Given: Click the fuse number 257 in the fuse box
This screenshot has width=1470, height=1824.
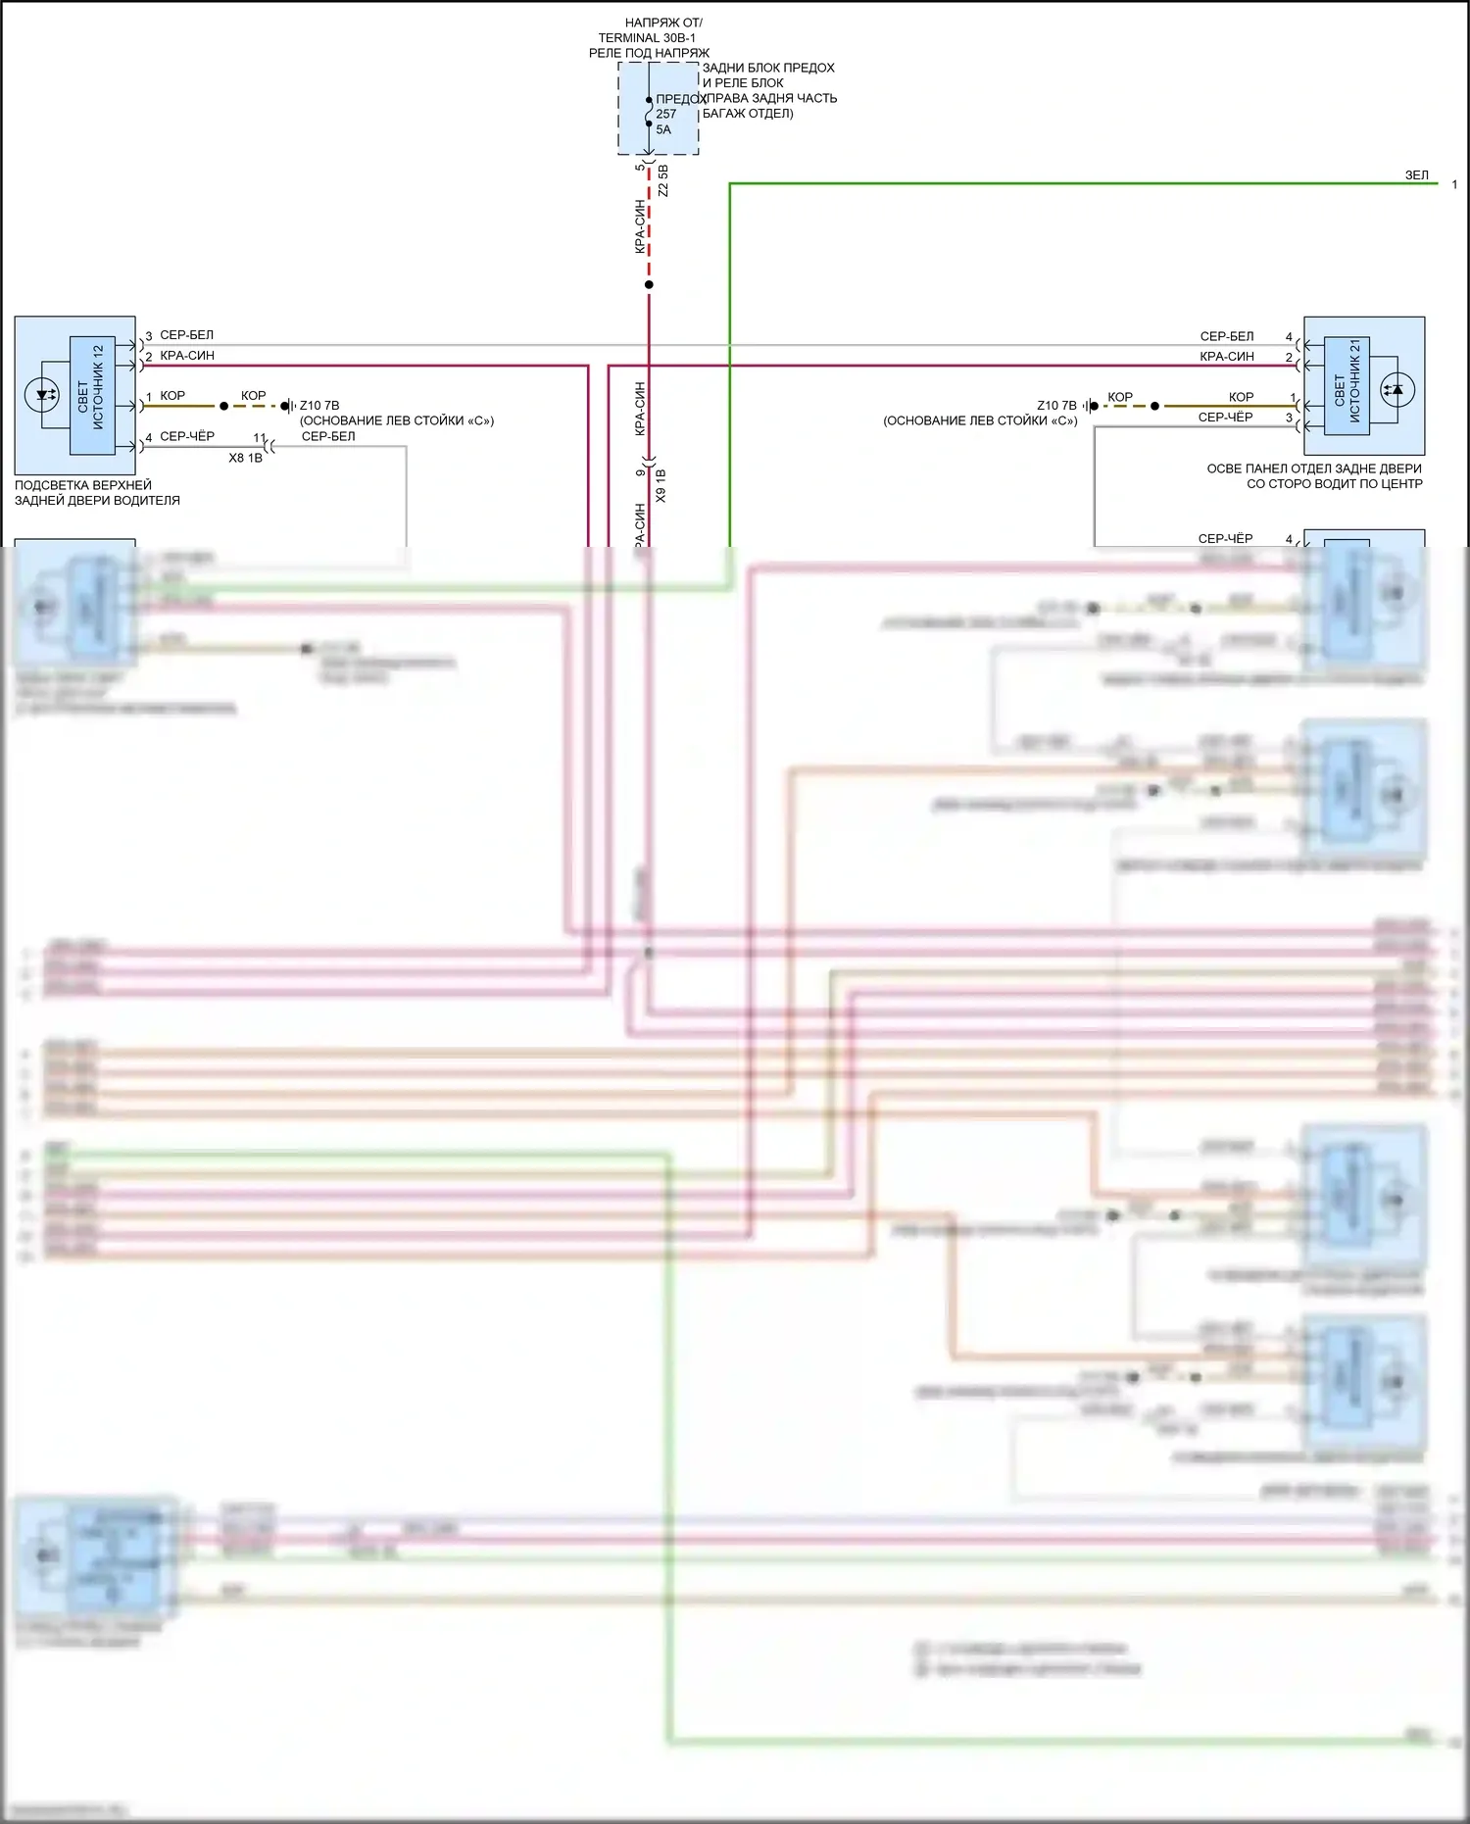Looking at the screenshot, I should [666, 114].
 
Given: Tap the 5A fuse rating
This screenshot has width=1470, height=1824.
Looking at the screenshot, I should [663, 129].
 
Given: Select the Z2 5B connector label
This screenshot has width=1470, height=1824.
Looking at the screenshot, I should [663, 181].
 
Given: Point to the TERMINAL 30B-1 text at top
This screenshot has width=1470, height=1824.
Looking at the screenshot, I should [647, 38].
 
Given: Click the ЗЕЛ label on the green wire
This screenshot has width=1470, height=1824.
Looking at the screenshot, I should [1417, 175].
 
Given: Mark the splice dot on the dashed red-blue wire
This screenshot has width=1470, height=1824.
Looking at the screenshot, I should [649, 285].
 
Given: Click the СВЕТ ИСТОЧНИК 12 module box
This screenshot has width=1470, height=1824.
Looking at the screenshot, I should [92, 395].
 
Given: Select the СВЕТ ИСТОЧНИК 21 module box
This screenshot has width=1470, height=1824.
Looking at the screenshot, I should [1347, 387].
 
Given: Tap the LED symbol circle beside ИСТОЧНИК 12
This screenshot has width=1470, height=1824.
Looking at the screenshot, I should [41, 395].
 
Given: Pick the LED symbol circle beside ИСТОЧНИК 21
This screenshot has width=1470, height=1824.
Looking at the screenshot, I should [1397, 389].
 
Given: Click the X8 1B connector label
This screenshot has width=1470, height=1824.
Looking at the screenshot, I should [245, 458].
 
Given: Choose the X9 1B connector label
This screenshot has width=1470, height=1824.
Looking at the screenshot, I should [661, 485].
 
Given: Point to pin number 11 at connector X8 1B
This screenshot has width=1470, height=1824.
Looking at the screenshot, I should [260, 438].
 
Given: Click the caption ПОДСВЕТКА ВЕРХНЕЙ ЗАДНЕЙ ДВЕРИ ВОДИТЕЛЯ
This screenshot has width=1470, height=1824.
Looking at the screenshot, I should [96, 493].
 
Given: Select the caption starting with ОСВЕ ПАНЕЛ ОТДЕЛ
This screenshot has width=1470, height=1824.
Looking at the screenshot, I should [1313, 476].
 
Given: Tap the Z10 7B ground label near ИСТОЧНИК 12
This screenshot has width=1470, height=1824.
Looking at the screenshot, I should [319, 406].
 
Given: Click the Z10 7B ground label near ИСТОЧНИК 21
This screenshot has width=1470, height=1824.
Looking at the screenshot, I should [1056, 406].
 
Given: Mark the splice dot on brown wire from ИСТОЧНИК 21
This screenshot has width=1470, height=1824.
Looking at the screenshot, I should [1154, 406].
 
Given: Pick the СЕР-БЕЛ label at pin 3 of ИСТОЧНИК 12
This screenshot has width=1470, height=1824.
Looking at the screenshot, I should [186, 335].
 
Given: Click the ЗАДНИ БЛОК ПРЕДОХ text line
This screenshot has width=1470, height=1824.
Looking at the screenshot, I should [768, 69].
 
